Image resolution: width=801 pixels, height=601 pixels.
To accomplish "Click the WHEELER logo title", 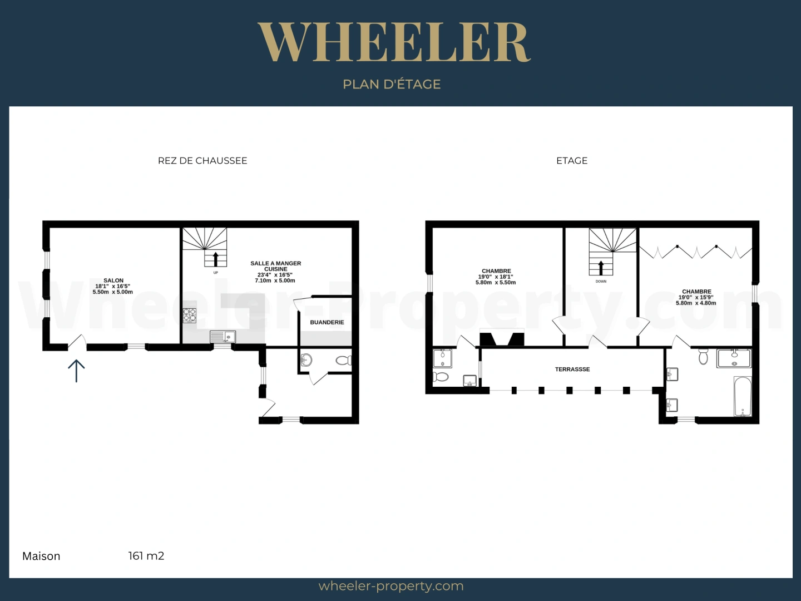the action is point(394,42).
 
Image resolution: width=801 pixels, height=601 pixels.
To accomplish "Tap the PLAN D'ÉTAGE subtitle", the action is point(392,84).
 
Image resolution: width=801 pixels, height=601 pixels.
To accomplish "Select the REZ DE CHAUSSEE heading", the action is point(202,161).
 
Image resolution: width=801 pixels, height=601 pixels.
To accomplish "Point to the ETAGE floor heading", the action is point(572,161).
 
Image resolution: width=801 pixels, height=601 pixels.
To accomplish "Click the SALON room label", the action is point(113,280).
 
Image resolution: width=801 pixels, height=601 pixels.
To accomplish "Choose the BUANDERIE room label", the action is point(327,322).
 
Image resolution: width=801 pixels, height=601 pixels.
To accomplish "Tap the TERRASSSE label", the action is point(572,370).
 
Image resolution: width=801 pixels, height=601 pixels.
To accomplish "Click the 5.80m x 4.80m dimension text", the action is point(696,303).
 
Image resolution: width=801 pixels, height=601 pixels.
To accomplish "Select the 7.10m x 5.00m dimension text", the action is point(275,280).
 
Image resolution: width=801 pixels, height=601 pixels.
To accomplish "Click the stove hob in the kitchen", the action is point(189,316).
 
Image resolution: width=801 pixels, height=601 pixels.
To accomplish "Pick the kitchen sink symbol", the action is point(222,337).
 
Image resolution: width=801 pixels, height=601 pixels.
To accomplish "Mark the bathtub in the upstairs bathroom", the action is point(743,396).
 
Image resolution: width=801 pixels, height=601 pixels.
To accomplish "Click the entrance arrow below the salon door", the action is point(76,371).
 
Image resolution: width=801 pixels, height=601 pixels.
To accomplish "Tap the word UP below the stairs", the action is point(216,273).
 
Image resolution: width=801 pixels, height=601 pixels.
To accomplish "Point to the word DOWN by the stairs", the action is point(601,282).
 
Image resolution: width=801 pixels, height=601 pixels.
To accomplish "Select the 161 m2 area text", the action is point(146,556).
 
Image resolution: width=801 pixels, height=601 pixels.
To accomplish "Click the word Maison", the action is point(41,556).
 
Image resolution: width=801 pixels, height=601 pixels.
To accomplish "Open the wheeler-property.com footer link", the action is point(391,587).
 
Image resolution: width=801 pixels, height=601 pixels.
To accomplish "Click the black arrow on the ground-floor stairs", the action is point(215,259).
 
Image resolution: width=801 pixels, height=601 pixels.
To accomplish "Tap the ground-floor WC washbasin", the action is point(306,360).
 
